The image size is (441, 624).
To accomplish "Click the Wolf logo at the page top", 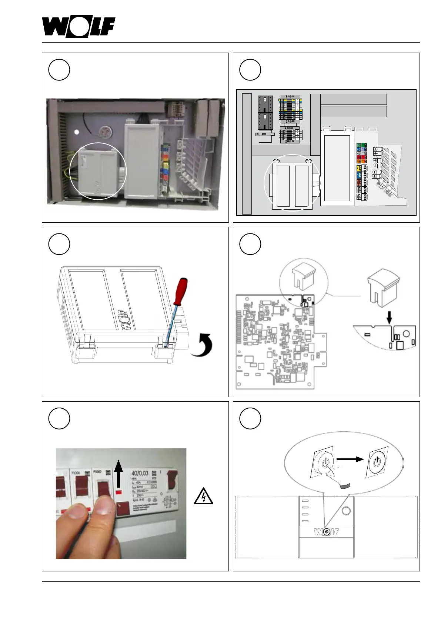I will pos(78,27).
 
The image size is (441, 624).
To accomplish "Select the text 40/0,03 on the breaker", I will pos(140,473).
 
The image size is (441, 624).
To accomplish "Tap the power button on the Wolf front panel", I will pos(326,532).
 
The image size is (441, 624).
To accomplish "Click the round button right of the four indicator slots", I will pos(346,511).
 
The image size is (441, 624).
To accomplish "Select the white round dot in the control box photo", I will pos(77,132).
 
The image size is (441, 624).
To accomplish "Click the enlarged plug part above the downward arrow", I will pos(383,288).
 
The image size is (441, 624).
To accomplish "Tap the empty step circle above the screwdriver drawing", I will pos(59,244).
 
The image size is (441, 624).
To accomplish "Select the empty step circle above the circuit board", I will pos(250,244).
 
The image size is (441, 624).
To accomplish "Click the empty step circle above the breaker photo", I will pos(59,418).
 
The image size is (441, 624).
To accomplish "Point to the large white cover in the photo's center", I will pos(143,161).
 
